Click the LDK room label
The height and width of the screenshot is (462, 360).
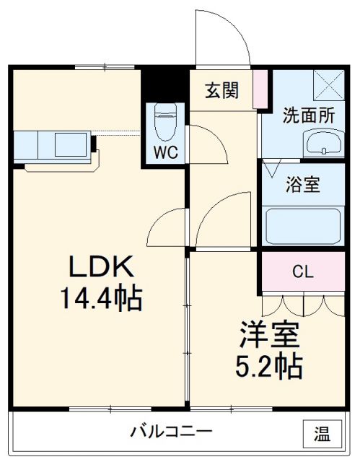[x=101, y=269]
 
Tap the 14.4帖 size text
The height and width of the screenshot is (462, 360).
[x=101, y=297]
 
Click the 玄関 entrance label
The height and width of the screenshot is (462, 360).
[x=221, y=91]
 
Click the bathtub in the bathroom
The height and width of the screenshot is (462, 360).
[x=302, y=225]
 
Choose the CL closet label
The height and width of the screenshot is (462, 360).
[x=302, y=271]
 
